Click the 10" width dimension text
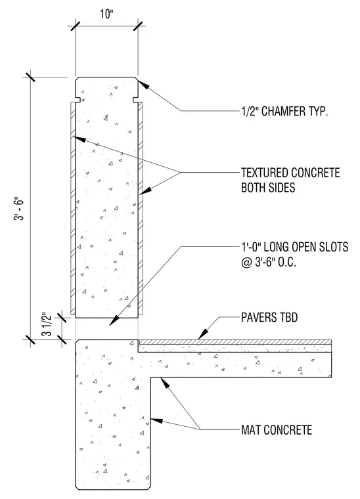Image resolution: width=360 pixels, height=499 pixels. pyautogui.click(x=106, y=14)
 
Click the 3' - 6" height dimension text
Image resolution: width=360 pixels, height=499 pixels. pyautogui.click(x=19, y=209)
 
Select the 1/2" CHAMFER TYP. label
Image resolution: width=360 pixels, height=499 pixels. pyautogui.click(x=284, y=112)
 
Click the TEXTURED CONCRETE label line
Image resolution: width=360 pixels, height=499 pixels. pyautogui.click(x=290, y=173)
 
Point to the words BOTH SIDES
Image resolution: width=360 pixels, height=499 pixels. pyautogui.click(x=268, y=187)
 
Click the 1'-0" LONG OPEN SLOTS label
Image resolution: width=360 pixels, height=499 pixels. pyautogui.click(x=294, y=247)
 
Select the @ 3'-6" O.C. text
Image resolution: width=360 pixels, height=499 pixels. pyautogui.click(x=268, y=262)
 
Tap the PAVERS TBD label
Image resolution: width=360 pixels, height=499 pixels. pyautogui.click(x=269, y=317)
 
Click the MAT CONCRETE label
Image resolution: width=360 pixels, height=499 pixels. pyautogui.click(x=277, y=430)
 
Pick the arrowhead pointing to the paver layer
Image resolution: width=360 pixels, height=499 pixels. pyautogui.click(x=203, y=334)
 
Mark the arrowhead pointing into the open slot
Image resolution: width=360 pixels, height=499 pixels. pyautogui.click(x=114, y=320)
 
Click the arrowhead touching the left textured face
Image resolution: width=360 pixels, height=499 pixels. pyautogui.click(x=79, y=139)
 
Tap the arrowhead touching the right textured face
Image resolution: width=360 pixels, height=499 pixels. pyautogui.click(x=145, y=191)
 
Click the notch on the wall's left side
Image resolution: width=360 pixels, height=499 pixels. pyautogui.click(x=77, y=100)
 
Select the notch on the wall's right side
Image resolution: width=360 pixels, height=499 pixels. pyautogui.click(x=135, y=100)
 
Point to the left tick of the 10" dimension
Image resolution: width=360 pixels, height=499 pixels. pyautogui.click(x=76, y=26)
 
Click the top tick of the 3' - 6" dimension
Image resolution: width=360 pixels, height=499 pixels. pyautogui.click(x=30, y=77)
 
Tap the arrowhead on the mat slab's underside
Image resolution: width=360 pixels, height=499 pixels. pyautogui.click(x=165, y=383)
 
